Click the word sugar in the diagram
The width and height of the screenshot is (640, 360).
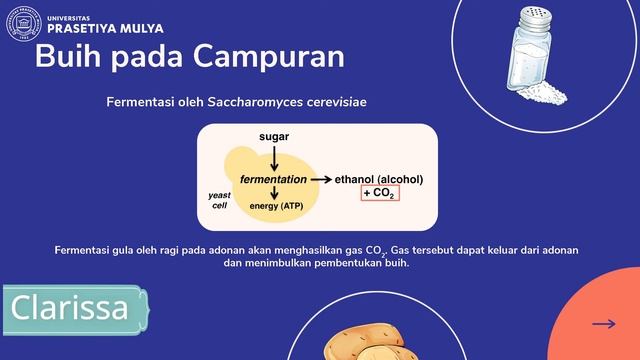275,135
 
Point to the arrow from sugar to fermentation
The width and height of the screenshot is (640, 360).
275,156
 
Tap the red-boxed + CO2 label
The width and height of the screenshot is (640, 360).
380,192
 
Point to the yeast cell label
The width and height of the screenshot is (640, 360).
219,199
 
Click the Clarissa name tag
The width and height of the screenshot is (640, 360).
75,308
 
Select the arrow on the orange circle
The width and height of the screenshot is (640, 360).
603,323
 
